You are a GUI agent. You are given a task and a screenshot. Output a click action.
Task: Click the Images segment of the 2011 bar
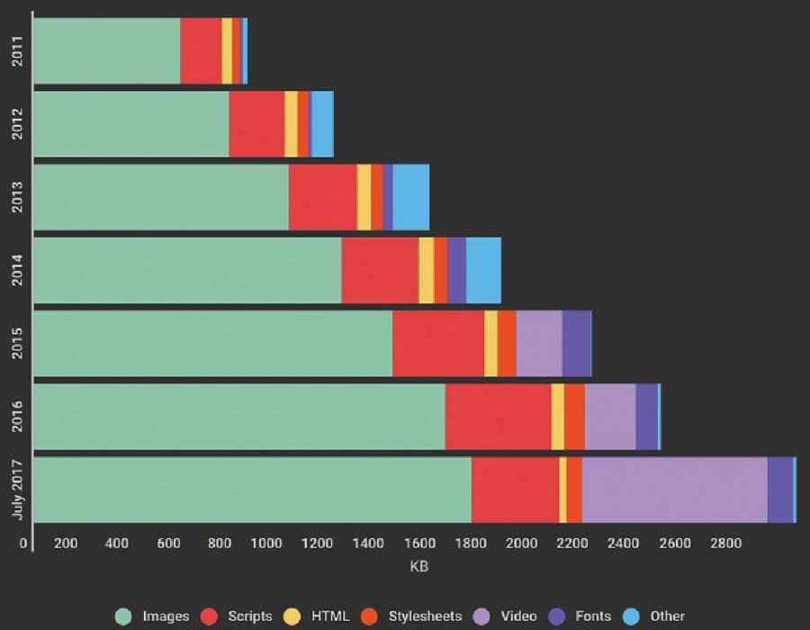106,51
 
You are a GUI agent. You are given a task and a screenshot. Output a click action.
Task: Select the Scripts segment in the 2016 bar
498,417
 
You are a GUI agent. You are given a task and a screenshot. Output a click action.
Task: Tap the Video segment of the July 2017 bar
674,490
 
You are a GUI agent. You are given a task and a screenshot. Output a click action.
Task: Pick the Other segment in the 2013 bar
410,197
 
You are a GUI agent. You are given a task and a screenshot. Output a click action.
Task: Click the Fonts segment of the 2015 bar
576,343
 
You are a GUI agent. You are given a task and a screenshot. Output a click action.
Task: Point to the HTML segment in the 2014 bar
426,270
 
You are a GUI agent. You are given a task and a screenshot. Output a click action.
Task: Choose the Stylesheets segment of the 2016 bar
574,417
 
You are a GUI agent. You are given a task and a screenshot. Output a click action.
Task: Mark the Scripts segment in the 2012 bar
256,124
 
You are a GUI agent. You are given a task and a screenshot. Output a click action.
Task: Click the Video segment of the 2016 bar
610,417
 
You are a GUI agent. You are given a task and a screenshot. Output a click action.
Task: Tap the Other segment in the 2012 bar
321,124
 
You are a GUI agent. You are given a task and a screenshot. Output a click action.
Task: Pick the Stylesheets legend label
425,616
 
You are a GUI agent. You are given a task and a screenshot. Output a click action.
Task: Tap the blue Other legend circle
633,616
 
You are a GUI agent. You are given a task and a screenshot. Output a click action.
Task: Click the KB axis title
418,569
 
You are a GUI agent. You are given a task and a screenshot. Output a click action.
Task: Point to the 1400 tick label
368,544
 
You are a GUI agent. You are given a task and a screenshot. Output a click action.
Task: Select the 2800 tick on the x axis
725,544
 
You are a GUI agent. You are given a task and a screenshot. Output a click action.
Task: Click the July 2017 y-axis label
19,490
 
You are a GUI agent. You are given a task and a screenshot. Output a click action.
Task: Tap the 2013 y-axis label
19,197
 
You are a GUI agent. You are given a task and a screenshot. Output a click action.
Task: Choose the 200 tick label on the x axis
66,544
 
